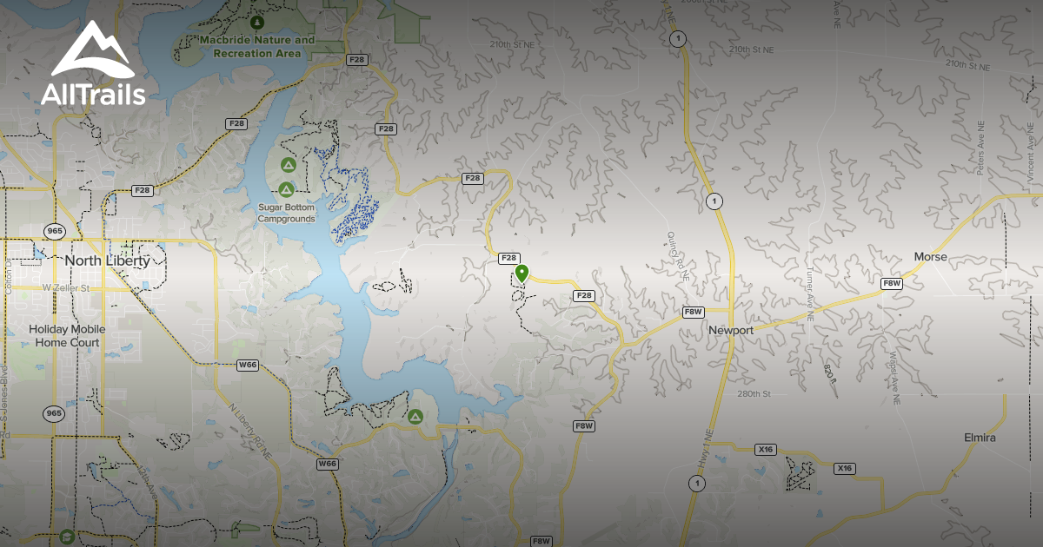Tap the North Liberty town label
[107, 260]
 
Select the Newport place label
[731, 330]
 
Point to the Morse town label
[930, 257]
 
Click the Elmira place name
[980, 438]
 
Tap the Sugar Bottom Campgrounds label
[286, 213]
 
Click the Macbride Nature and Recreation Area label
[256, 47]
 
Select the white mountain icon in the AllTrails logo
[92, 52]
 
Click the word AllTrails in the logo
[93, 95]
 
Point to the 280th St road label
[754, 394]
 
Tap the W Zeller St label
[66, 287]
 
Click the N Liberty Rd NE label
[249, 429]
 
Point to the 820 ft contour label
[830, 372]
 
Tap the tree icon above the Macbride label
[256, 21]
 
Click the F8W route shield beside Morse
[892, 283]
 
